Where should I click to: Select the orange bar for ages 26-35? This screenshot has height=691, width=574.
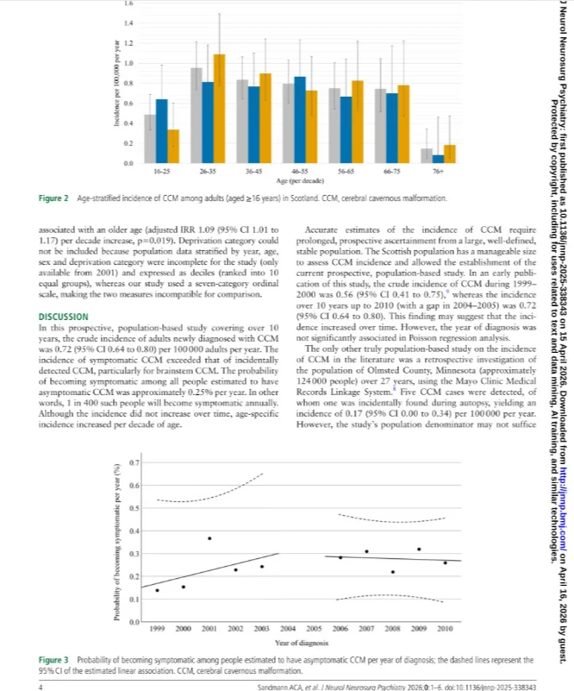[x=219, y=109]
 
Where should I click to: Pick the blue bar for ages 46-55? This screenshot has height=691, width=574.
[x=300, y=120]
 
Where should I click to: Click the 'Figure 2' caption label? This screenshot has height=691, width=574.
[x=57, y=198]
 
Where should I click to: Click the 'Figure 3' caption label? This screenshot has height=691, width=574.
[x=57, y=659]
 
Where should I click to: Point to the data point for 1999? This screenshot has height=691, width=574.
[x=157, y=590]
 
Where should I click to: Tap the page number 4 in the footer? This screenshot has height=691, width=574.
[x=41, y=686]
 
